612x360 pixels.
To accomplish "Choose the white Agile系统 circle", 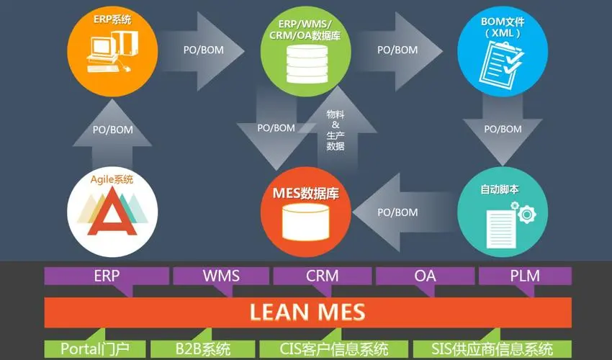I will click(112, 212).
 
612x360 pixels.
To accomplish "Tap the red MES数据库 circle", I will click(306, 212).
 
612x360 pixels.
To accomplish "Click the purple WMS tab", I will click(221, 276).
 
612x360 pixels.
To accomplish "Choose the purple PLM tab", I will click(525, 276).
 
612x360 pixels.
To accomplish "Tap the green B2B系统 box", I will click(202, 349).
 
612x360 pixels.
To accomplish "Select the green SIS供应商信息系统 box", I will click(493, 349).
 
